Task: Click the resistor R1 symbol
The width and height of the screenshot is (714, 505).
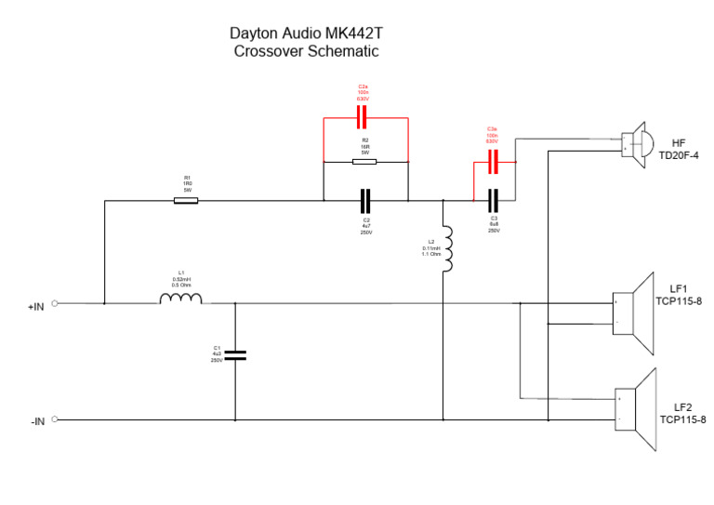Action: click(186, 200)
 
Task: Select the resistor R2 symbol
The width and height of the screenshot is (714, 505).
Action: click(364, 162)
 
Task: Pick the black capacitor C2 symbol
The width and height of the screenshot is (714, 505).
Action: click(365, 200)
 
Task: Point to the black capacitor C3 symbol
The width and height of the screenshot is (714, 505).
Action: click(494, 200)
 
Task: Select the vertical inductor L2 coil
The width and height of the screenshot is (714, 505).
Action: click(447, 248)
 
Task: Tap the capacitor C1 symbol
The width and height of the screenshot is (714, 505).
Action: click(235, 354)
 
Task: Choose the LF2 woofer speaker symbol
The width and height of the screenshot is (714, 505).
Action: click(635, 410)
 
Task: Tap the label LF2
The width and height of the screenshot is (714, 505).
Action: click(683, 407)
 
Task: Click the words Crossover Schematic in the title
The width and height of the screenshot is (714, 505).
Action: click(306, 52)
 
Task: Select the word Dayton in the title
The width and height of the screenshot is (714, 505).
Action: click(253, 33)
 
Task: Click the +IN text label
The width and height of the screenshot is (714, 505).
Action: click(36, 304)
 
